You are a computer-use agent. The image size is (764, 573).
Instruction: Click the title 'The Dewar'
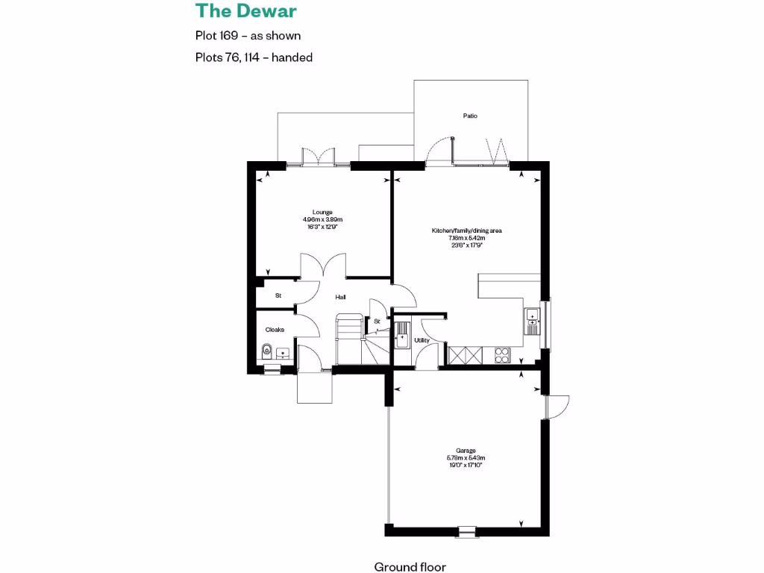pos(246,11)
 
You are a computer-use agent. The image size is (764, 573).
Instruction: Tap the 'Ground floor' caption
pos(410,567)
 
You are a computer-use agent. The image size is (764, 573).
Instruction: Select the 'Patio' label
pos(470,116)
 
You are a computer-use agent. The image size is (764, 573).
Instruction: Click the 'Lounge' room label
pos(322,212)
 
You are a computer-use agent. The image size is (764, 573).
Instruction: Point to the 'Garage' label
pos(466,451)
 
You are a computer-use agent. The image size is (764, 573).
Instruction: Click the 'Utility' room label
pos(422,340)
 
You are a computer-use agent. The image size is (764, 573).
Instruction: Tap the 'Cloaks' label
pos(275,329)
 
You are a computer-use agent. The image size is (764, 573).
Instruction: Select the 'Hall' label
pos(340,297)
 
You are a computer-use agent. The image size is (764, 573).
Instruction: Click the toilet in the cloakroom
pos(266,351)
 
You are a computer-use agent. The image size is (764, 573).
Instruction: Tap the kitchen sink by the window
pos(533,319)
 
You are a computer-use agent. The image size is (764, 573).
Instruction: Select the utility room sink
pos(401,333)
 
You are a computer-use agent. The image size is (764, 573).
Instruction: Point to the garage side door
pos(557,406)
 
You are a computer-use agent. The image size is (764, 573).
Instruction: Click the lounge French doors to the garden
pos(318,157)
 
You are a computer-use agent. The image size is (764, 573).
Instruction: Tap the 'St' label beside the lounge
pos(278,295)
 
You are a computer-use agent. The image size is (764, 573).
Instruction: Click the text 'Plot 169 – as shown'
pos(248,35)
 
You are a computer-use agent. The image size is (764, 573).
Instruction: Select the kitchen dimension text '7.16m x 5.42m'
pos(467,238)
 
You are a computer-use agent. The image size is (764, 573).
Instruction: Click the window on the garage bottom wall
pos(467,531)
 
